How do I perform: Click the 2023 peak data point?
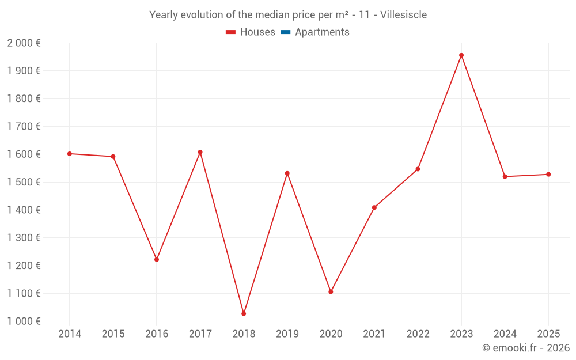pyautogui.click(x=461, y=55)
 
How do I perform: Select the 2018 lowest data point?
pyautogui.click(x=244, y=314)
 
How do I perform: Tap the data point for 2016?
pyautogui.click(x=157, y=259)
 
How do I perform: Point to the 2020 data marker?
pyautogui.click(x=331, y=292)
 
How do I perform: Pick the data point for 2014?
pyautogui.click(x=70, y=154)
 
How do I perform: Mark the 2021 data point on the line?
pyautogui.click(x=374, y=207)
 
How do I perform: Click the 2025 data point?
pyautogui.click(x=548, y=175)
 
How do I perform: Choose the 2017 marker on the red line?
pyautogui.click(x=200, y=152)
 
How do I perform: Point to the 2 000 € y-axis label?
pyautogui.click(x=24, y=43)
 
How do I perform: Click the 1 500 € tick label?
pyautogui.click(x=24, y=182)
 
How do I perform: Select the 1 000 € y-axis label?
pyautogui.click(x=24, y=321)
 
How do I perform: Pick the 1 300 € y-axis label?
pyautogui.click(x=24, y=238)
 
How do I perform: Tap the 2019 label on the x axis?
pyautogui.click(x=287, y=334)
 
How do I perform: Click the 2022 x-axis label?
pyautogui.click(x=418, y=334)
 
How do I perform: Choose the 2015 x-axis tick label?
pyautogui.click(x=113, y=334)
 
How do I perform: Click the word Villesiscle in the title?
pyautogui.click(x=404, y=15)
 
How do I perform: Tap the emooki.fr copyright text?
pyautogui.click(x=526, y=348)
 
